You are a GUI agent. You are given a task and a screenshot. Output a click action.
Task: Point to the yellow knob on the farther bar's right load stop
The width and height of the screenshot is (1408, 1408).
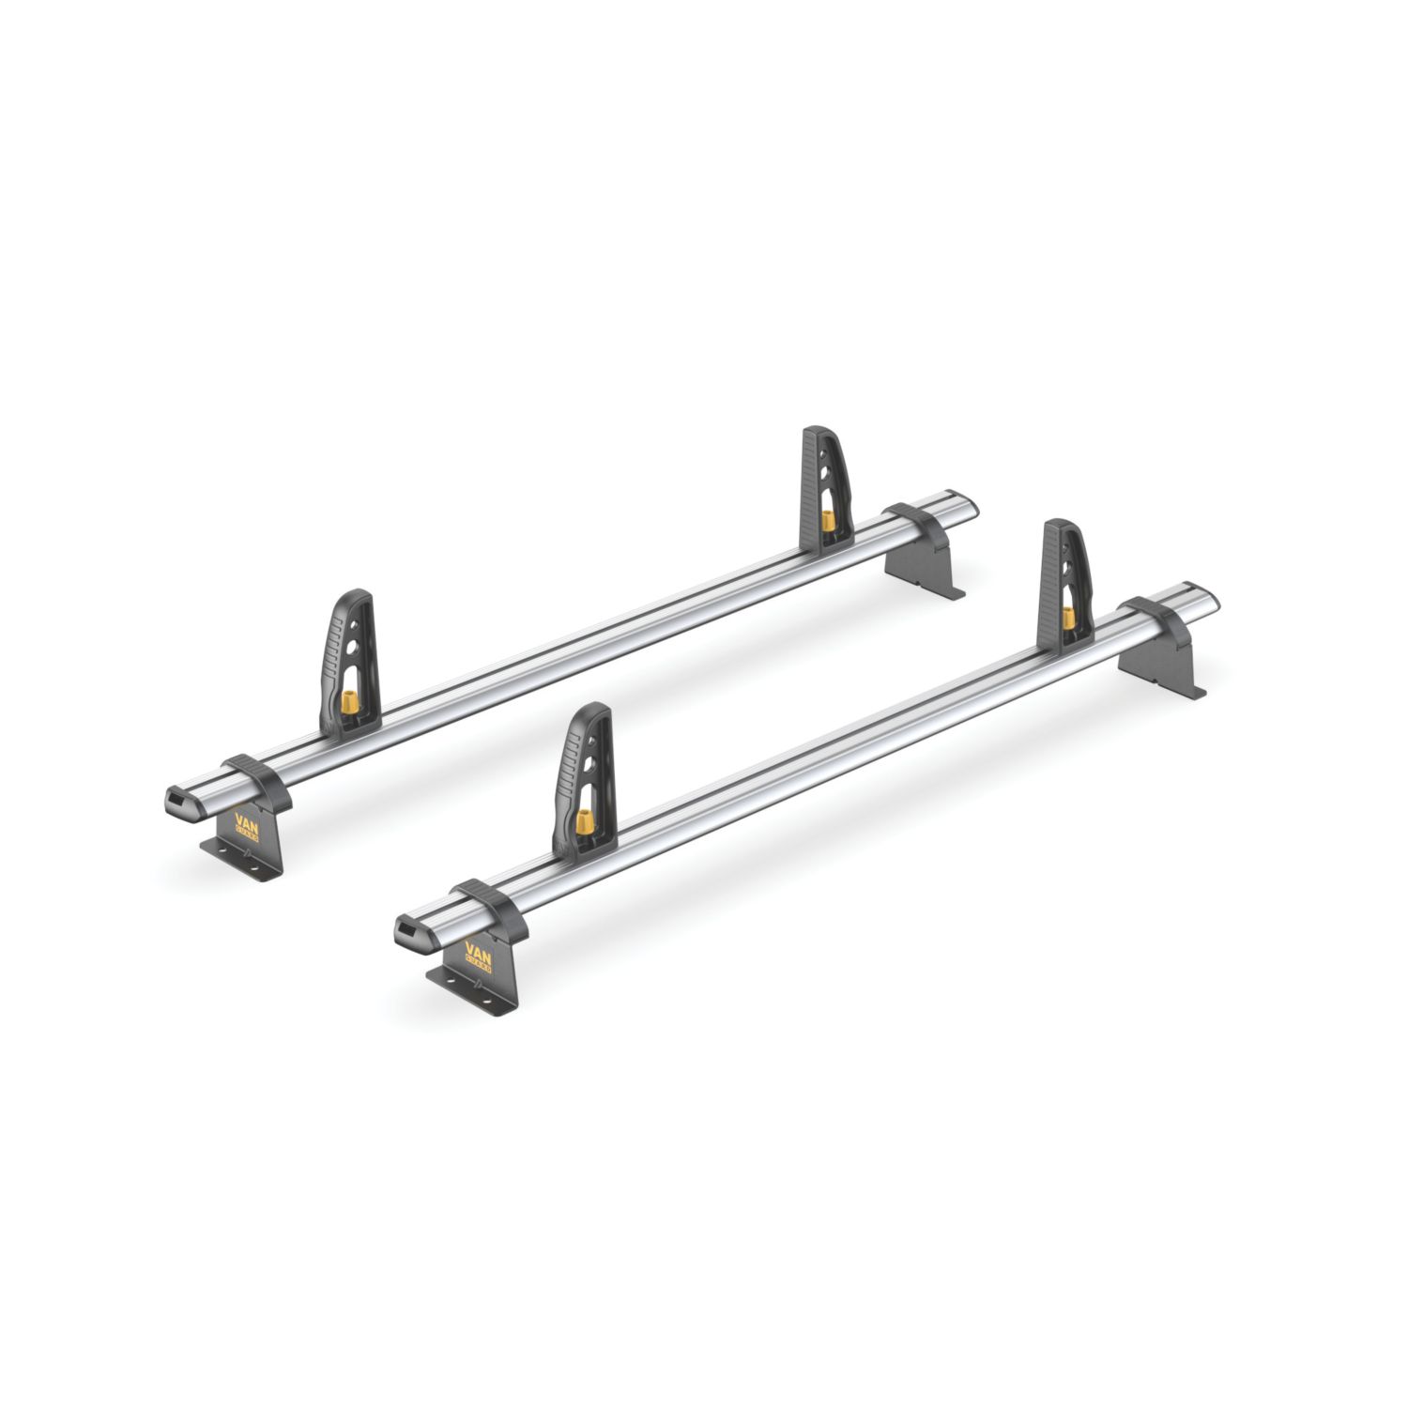coord(827,519)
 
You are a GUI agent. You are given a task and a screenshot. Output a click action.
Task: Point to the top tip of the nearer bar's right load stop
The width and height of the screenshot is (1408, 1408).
coord(1059,523)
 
